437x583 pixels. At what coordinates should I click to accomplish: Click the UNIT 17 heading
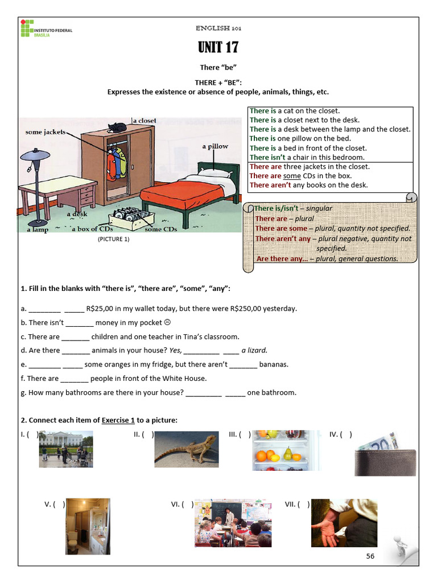(x=218, y=47)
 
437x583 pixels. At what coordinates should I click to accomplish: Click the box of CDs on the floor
(x=132, y=216)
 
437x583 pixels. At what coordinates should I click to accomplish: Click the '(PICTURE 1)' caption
(x=114, y=239)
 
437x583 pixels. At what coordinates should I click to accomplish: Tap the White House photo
(x=66, y=449)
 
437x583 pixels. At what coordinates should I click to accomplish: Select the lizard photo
(x=186, y=449)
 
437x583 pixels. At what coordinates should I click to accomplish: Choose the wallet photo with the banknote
(x=385, y=454)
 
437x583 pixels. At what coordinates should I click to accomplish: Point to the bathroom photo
(x=88, y=526)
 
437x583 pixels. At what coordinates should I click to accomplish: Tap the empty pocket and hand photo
(x=344, y=523)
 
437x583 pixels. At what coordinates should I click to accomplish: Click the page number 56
(x=370, y=556)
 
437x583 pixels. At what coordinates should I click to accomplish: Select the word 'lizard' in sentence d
(x=257, y=351)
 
